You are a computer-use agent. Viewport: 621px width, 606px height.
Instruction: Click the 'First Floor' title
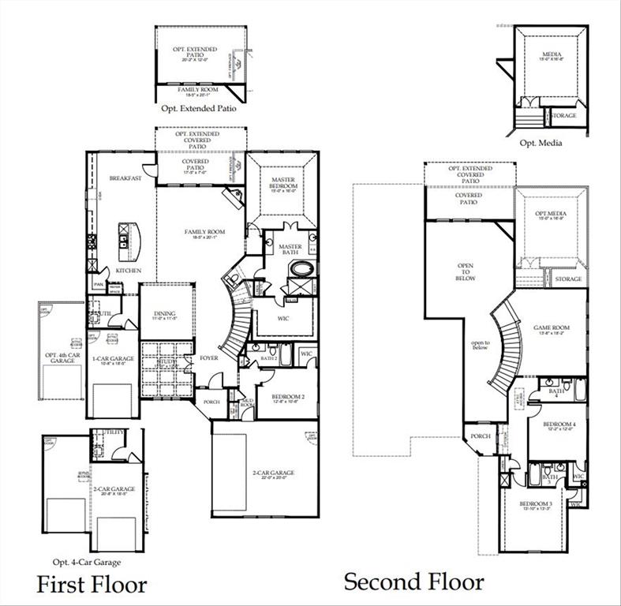pos(92,585)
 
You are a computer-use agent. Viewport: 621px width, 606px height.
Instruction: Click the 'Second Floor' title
pos(413,582)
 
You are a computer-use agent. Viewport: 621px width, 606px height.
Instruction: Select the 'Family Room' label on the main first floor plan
pos(205,233)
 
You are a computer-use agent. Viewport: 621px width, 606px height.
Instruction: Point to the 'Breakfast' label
pos(125,178)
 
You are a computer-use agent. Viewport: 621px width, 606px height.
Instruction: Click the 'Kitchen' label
pos(129,271)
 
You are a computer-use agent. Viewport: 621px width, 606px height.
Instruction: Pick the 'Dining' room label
pos(164,314)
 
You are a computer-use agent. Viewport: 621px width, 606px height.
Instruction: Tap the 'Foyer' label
pos(208,357)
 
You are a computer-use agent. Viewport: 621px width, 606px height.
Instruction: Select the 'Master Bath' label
pos(291,250)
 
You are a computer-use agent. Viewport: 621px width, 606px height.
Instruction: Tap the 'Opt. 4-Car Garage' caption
pos(87,562)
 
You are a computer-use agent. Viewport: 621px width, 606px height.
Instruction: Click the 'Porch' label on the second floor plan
pos(480,436)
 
